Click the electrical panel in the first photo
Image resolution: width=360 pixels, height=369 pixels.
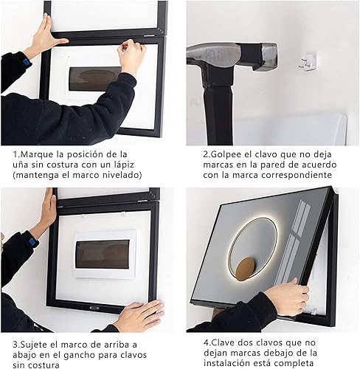tap(94, 78)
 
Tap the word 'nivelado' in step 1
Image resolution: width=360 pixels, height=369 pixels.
tap(118, 174)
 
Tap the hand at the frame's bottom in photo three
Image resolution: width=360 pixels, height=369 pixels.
tap(138, 316)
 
